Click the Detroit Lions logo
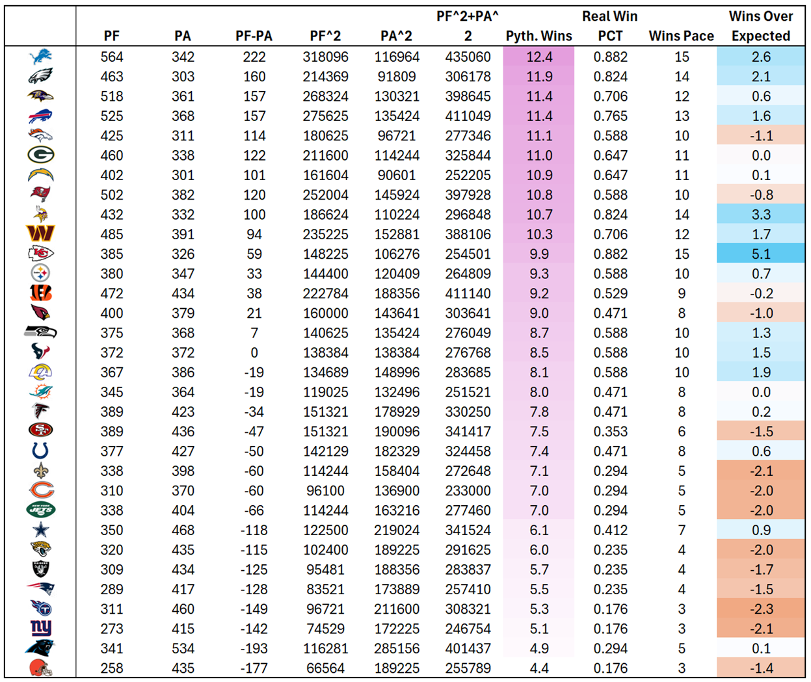[x=40, y=57]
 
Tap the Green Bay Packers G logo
[x=40, y=155]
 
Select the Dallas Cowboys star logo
[x=40, y=530]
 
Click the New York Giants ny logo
[x=40, y=628]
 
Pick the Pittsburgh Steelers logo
[x=40, y=274]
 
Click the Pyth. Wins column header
[x=538, y=36]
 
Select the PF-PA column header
[x=254, y=36]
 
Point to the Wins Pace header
[x=681, y=36]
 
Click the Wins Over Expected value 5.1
[x=761, y=254]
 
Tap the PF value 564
[x=112, y=57]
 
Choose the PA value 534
[x=183, y=648]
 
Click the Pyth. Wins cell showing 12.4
[x=539, y=57]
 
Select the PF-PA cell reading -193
[x=254, y=648]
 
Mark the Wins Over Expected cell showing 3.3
[x=761, y=215]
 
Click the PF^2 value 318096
[x=325, y=57]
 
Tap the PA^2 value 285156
[x=397, y=648]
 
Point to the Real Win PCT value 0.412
[x=610, y=530]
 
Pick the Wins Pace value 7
[x=681, y=530]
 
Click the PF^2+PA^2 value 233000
[x=468, y=491]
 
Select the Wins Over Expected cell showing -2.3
[x=761, y=609]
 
